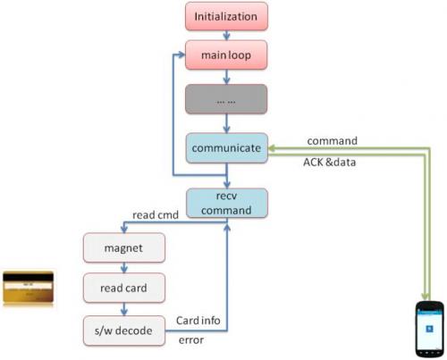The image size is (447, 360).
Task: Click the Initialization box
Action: click(x=226, y=16)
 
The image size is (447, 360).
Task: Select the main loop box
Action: click(x=226, y=55)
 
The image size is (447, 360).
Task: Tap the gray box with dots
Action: click(x=226, y=99)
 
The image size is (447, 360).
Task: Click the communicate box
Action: click(x=227, y=148)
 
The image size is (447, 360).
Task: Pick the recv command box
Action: click(x=227, y=203)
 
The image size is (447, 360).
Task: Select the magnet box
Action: click(x=124, y=247)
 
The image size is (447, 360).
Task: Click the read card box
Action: click(x=124, y=288)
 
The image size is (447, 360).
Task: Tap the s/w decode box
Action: click(x=124, y=331)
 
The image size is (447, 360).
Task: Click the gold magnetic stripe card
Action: click(x=29, y=288)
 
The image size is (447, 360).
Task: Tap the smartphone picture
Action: click(x=429, y=329)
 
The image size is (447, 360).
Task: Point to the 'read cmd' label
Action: click(x=156, y=215)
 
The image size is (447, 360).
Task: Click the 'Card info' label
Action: click(x=198, y=321)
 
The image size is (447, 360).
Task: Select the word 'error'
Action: click(x=191, y=340)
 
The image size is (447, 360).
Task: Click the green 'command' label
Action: click(x=333, y=141)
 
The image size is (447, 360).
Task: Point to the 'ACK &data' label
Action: click(x=330, y=163)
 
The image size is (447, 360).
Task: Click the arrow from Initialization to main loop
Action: click(x=226, y=36)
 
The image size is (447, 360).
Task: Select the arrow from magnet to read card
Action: click(x=124, y=268)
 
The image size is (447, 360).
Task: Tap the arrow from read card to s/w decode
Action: click(x=124, y=309)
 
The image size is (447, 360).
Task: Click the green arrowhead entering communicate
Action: click(x=272, y=148)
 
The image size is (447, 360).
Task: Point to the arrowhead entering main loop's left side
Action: click(x=181, y=54)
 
